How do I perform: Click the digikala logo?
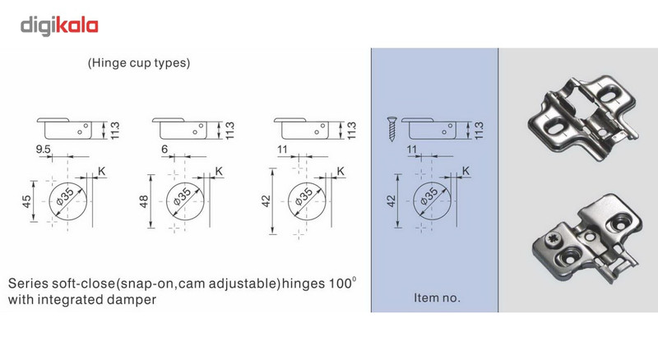pyautogui.click(x=59, y=26)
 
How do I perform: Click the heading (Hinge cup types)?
pyautogui.click(x=139, y=63)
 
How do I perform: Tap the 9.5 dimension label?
pyautogui.click(x=44, y=150)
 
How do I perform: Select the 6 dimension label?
pyautogui.click(x=164, y=149)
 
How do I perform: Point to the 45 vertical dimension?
pyautogui.click(x=27, y=201)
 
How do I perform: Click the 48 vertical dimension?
pyautogui.click(x=144, y=201)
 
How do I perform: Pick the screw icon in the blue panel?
pyautogui.click(x=392, y=129)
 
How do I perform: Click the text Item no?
pyautogui.click(x=437, y=298)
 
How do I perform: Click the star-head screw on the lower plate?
pyautogui.click(x=550, y=241)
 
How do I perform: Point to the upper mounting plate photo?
pyautogui.click(x=583, y=118)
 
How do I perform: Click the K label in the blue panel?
pyautogui.click(x=466, y=171)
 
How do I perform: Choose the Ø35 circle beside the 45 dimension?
pyautogui.click(x=67, y=201)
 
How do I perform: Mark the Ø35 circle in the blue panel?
pyautogui.click(x=433, y=201)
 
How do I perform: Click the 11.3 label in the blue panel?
pyautogui.click(x=480, y=131)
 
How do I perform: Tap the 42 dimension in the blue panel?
pyautogui.click(x=392, y=201)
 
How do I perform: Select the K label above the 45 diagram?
pyautogui.click(x=101, y=171)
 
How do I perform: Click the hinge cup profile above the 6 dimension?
pyautogui.click(x=179, y=129)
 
